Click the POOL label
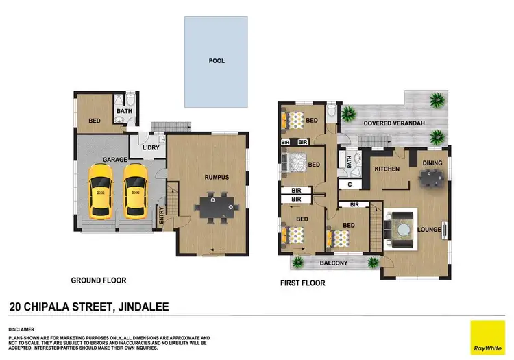click(x=217, y=61)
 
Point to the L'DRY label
click(x=151, y=148)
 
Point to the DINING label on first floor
click(x=432, y=163)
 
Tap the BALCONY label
click(x=334, y=263)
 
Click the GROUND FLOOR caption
click(x=99, y=280)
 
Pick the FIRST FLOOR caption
click(x=302, y=283)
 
